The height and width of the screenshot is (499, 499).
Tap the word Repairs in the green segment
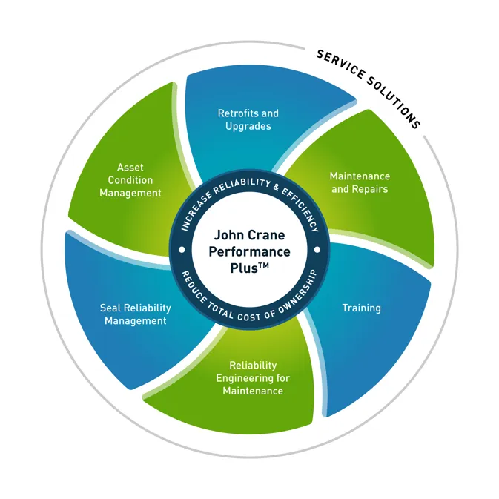point(370,189)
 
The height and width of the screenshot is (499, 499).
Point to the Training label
point(361,307)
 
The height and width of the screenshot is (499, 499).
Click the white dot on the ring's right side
point(317,250)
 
